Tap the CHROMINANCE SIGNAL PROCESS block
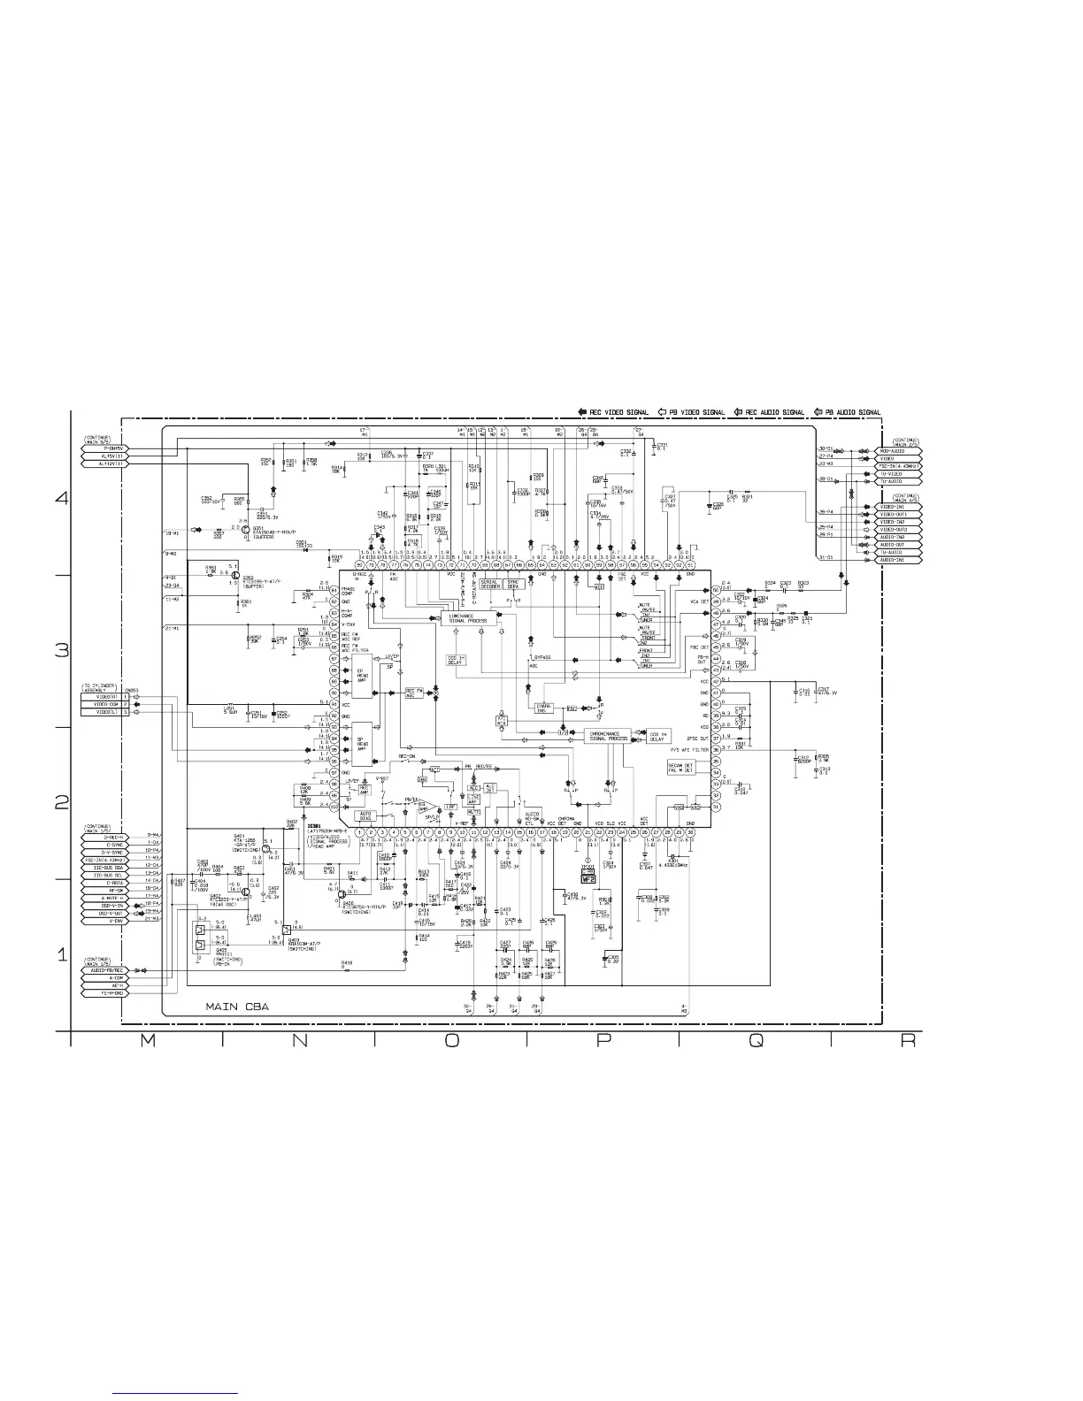click(x=607, y=735)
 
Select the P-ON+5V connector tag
click(x=104, y=448)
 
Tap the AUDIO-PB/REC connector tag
click(x=104, y=969)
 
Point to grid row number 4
click(x=61, y=498)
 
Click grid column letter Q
click(x=755, y=1041)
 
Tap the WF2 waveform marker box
click(x=586, y=878)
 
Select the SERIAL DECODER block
click(x=489, y=585)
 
